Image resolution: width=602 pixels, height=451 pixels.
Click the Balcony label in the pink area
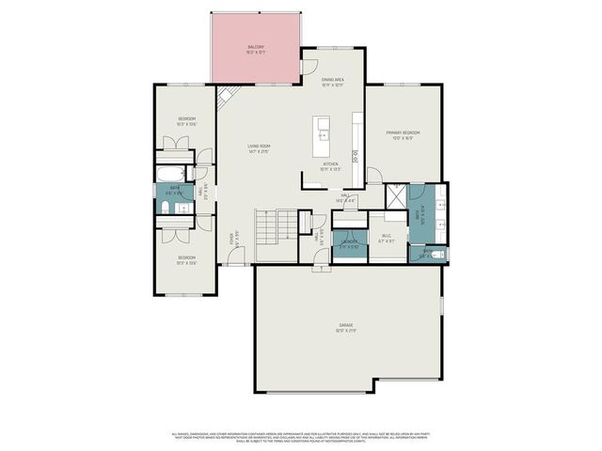click(x=256, y=49)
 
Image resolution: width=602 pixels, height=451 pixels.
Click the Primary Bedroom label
click(x=401, y=135)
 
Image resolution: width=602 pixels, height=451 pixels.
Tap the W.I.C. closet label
click(x=386, y=239)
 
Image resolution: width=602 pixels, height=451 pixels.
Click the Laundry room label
click(x=349, y=244)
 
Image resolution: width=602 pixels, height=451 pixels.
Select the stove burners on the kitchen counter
click(x=355, y=155)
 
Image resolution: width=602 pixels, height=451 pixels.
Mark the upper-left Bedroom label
click(x=187, y=120)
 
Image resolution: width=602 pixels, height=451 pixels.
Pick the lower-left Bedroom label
click(x=187, y=260)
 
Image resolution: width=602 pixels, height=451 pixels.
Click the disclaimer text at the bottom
click(x=301, y=437)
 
